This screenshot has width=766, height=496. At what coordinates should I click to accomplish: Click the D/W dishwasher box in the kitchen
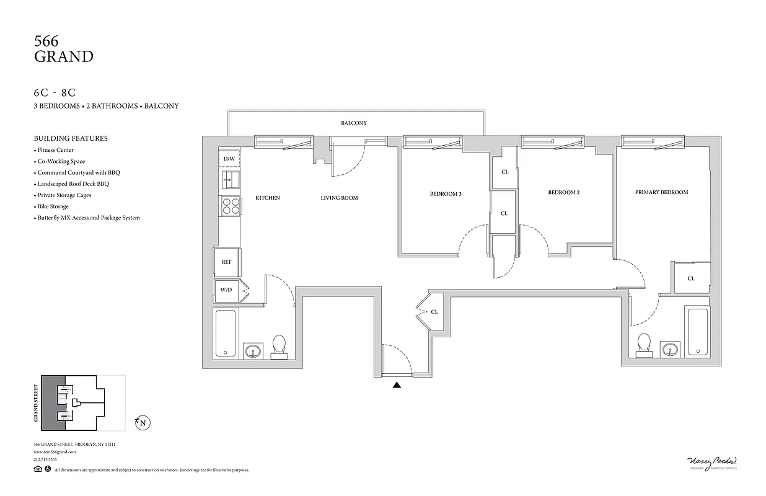click(229, 159)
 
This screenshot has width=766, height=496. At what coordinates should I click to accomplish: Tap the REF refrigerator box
click(227, 262)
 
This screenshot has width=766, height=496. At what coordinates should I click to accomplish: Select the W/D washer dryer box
click(226, 290)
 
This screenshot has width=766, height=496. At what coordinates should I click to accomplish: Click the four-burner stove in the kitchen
click(231, 206)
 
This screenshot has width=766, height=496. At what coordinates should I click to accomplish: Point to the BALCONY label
click(354, 123)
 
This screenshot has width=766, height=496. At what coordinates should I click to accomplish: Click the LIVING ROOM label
click(339, 198)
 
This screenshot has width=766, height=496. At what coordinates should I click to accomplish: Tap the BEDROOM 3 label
click(446, 194)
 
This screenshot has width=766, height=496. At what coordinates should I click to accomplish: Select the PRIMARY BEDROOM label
click(661, 192)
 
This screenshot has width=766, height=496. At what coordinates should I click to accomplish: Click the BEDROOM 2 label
click(563, 192)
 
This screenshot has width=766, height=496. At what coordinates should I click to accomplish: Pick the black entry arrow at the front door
click(397, 385)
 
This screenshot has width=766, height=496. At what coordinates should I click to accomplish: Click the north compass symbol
click(143, 423)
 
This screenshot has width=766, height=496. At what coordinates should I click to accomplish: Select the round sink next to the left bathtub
click(253, 352)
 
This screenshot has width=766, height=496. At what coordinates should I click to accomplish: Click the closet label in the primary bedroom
click(691, 278)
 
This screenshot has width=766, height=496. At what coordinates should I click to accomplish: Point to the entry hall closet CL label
click(434, 312)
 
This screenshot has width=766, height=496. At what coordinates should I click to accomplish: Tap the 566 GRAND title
click(63, 50)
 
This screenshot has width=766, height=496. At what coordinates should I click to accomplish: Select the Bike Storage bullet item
click(53, 206)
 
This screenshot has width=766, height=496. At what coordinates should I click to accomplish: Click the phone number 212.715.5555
click(45, 459)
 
